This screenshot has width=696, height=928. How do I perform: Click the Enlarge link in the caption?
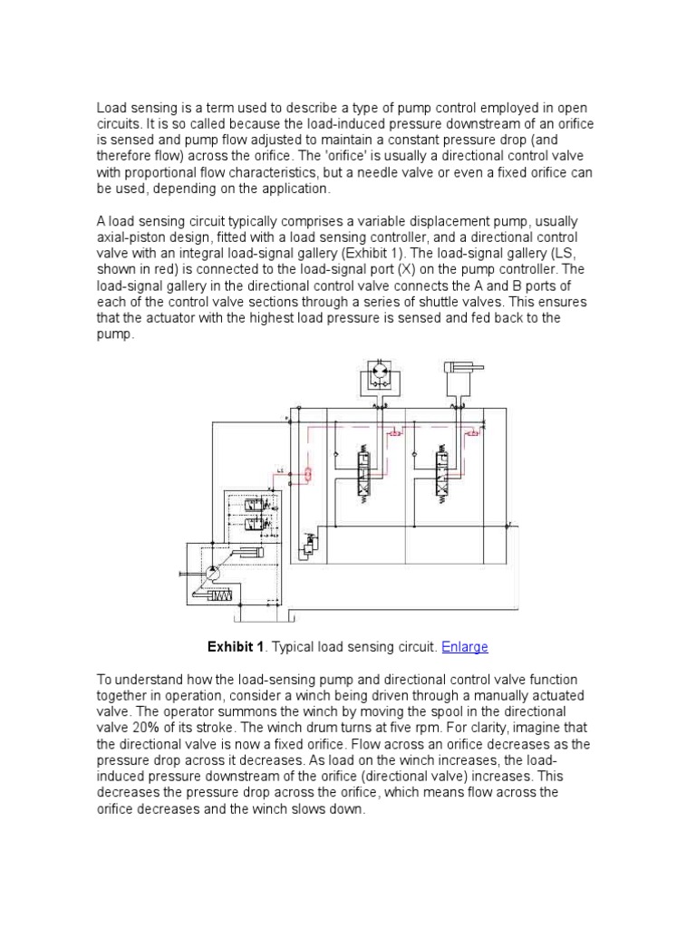click(464, 647)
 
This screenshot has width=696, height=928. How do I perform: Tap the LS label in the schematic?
click(281, 470)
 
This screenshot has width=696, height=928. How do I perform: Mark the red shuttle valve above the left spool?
click(395, 434)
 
